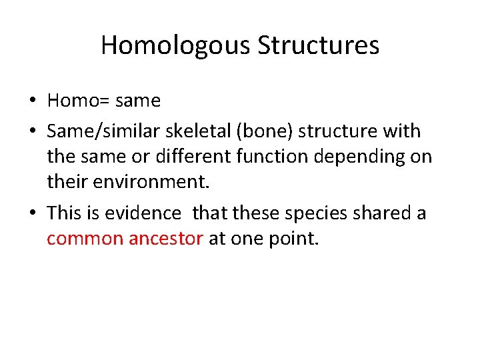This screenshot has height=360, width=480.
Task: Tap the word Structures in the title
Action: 319,45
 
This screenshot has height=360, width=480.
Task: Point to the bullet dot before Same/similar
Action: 32,130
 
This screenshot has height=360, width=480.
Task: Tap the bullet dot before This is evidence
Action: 32,213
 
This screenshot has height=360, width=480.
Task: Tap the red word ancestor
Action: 164,239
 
